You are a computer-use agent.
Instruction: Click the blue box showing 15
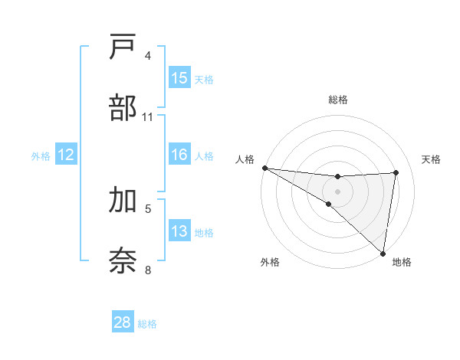tap(179, 78)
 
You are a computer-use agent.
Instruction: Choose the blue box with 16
tap(179, 155)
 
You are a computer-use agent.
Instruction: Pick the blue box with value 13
tap(179, 231)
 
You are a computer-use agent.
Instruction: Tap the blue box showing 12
tap(65, 155)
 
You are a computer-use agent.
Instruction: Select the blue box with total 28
tap(123, 322)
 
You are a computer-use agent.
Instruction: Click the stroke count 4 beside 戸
tap(148, 56)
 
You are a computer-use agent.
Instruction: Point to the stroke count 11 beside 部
tap(148, 117)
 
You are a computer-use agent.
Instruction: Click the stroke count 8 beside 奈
tap(148, 270)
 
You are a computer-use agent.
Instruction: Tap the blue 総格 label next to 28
tap(147, 324)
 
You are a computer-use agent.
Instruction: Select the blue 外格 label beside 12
tap(41, 156)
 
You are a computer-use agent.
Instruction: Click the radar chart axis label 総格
tap(337, 100)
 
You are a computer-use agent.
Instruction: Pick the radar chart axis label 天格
tap(432, 159)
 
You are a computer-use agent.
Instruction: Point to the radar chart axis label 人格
tap(244, 159)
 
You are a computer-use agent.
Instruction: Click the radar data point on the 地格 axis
tap(383, 253)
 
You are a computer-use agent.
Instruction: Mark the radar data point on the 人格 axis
tap(264, 168)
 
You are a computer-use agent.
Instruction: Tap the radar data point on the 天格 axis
tap(396, 172)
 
